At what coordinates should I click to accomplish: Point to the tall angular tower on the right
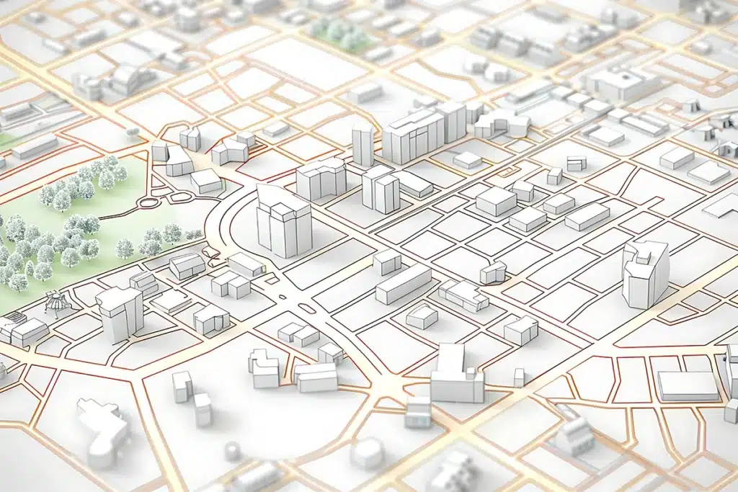pyautogui.click(x=644, y=274)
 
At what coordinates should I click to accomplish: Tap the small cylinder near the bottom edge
pyautogui.click(x=233, y=451)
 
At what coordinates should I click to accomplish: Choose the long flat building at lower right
pyautogui.click(x=688, y=386)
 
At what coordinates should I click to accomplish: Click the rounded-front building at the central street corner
pyautogui.click(x=494, y=272)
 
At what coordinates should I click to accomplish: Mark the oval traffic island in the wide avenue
pyautogui.click(x=306, y=308)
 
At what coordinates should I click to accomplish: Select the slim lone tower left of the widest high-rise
pyautogui.click(x=363, y=144)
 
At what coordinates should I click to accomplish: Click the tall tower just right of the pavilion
pyautogui.click(x=120, y=313)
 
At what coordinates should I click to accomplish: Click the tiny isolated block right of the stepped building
pyautogui.click(x=519, y=377)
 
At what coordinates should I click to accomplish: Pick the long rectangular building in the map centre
pyautogui.click(x=403, y=284)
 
